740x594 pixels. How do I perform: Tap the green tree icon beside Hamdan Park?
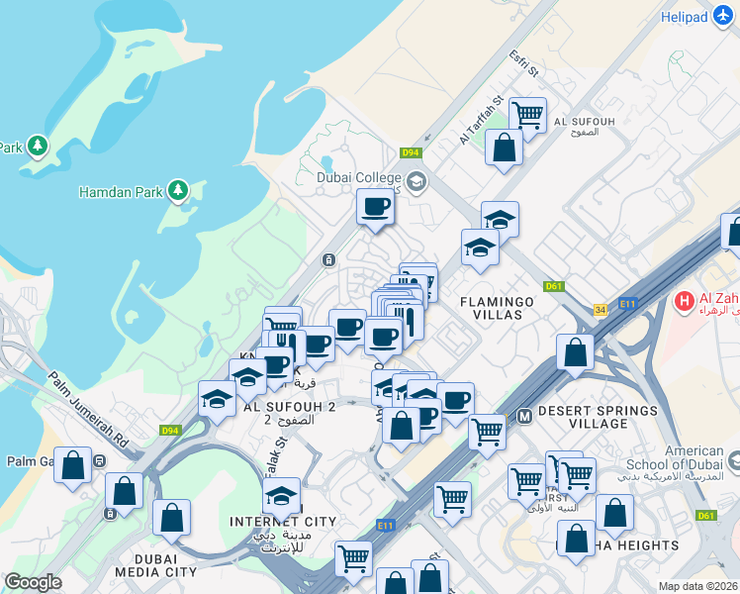(x=178, y=188)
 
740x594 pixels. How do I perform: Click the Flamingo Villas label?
(x=497, y=308)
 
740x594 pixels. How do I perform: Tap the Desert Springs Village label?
(x=599, y=417)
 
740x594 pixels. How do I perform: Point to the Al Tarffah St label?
(x=482, y=120)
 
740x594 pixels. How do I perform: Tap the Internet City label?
(x=283, y=521)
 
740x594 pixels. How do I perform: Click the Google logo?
(x=33, y=582)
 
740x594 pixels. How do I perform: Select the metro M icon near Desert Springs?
(x=523, y=417)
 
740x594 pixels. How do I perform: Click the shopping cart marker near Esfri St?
(x=528, y=115)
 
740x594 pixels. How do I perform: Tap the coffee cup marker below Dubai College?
(x=375, y=208)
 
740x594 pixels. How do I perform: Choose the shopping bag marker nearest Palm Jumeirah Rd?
(x=72, y=465)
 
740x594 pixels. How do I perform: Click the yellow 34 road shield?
(x=600, y=310)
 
